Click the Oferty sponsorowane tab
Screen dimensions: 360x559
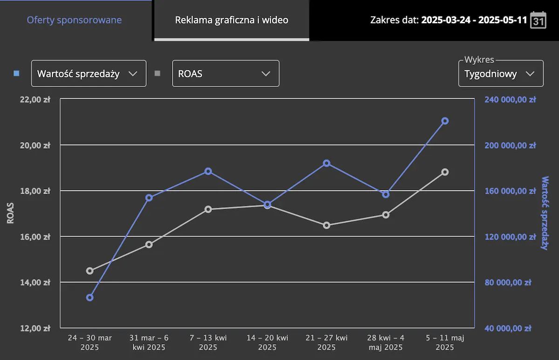[x=75, y=20]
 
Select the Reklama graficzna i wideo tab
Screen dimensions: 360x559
[x=232, y=20]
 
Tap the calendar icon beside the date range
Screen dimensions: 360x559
[x=538, y=20]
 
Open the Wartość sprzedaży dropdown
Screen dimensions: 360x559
[x=89, y=74]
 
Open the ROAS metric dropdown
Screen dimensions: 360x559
[x=225, y=74]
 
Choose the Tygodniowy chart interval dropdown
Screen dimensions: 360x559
[x=501, y=74]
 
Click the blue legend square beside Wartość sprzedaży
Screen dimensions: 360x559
[x=17, y=73]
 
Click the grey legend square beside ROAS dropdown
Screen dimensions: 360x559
[x=157, y=73]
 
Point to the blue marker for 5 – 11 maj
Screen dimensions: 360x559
[x=445, y=121]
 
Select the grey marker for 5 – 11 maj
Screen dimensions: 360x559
[x=445, y=172]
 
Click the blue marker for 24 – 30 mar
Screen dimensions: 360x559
[x=90, y=298]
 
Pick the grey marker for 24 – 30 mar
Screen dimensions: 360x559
[x=90, y=271]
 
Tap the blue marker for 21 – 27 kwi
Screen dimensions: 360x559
[x=327, y=163]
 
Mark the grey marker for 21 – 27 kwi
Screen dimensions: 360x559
[x=327, y=225]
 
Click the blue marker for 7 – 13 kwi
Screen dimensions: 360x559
[x=208, y=171]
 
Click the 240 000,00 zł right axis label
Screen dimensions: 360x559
[x=510, y=99]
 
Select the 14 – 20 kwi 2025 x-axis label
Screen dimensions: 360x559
[x=267, y=342]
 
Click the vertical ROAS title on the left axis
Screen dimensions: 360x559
[x=10, y=213]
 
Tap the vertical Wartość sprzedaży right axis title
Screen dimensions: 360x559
[x=545, y=213]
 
